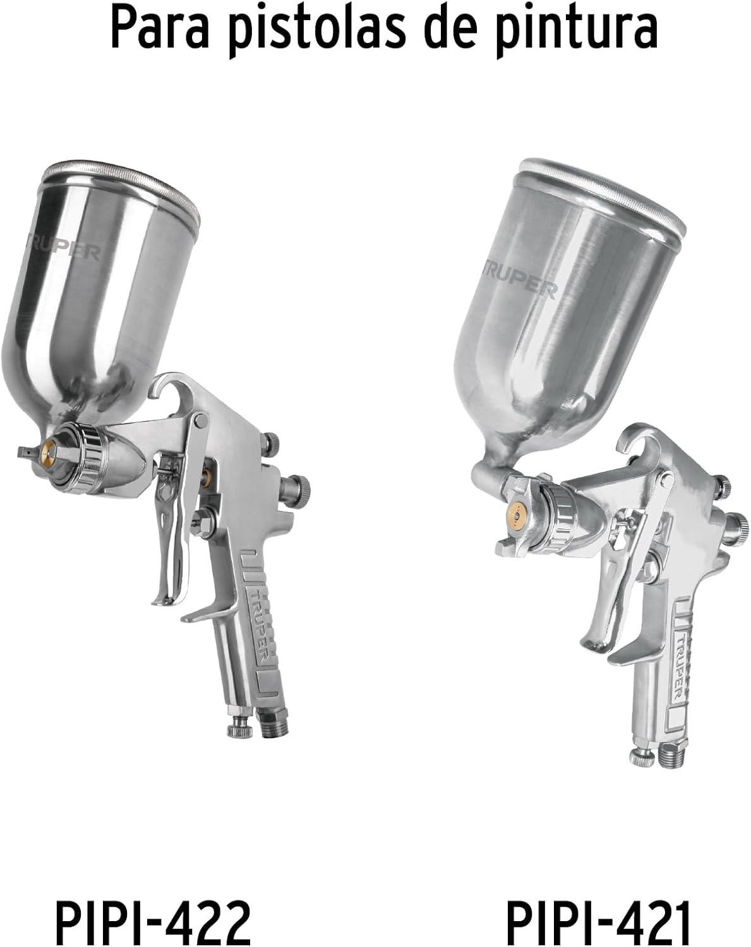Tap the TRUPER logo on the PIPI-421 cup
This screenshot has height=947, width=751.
coord(519,281)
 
